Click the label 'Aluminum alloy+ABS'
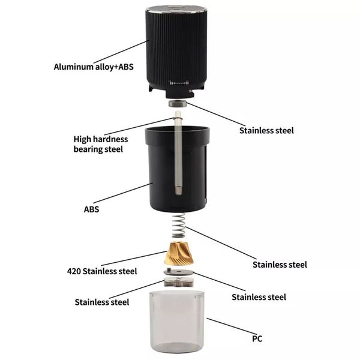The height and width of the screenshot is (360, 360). [94, 67]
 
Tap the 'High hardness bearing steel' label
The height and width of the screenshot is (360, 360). [101, 144]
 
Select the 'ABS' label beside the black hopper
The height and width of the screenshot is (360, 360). [91, 209]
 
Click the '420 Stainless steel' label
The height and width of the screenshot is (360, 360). [102, 271]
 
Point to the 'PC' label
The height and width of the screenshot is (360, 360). [257, 338]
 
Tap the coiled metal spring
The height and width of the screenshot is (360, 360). [179, 226]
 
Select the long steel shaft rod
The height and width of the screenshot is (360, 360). [178, 152]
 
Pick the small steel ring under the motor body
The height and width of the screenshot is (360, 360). [178, 103]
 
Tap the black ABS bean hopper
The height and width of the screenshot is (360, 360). [177, 169]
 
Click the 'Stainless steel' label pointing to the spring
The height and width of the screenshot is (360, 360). [280, 265]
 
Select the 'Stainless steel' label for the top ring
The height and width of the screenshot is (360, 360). [266, 131]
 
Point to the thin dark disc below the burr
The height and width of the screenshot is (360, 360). [179, 272]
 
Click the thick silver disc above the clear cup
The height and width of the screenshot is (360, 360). [179, 282]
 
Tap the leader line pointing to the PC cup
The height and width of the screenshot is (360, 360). [232, 326]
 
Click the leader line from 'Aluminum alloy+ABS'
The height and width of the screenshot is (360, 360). [121, 52]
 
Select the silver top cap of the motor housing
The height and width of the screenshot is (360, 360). [176, 9]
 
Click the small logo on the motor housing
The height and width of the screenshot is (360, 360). [179, 83]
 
